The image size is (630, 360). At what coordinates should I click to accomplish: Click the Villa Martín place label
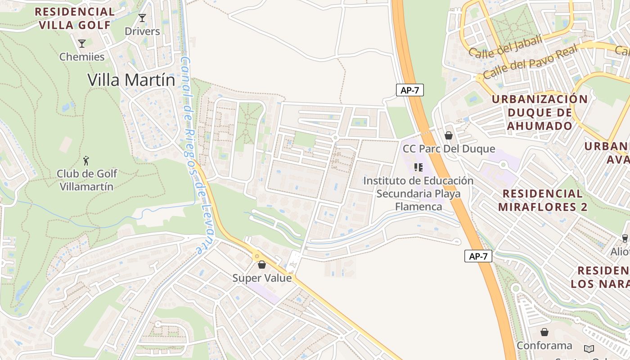[131, 80]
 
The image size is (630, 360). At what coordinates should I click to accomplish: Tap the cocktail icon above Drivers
[142, 18]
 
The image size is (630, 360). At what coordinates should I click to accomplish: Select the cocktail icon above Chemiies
[82, 44]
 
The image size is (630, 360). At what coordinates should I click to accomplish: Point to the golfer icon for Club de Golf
[86, 160]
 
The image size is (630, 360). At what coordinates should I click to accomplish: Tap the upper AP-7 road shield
[409, 90]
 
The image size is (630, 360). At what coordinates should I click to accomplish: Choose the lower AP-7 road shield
[478, 256]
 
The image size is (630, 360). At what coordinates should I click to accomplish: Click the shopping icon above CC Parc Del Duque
[448, 135]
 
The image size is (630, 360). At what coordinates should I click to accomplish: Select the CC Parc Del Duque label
[448, 149]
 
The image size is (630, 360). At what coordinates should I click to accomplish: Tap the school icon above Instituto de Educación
[418, 167]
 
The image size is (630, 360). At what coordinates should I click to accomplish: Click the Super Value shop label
[262, 278]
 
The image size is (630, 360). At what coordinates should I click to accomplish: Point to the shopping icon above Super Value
[262, 265]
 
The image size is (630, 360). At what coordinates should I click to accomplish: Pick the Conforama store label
[544, 346]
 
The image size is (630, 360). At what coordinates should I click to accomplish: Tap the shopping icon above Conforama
[544, 332]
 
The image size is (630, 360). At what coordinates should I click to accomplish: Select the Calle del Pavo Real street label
[530, 62]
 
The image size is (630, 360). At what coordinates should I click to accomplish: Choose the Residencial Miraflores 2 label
[542, 200]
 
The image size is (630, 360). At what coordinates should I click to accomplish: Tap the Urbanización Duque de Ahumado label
[540, 112]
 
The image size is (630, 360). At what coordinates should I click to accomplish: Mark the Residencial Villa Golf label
[74, 18]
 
